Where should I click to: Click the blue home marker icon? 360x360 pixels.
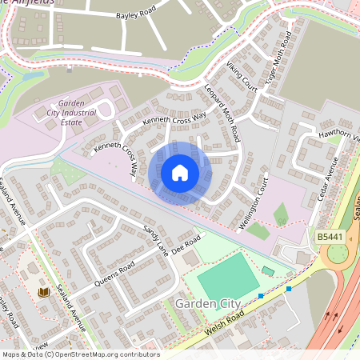pos(180,172)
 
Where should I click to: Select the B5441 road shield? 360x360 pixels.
pos(329,238)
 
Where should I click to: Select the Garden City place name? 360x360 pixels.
pos(202,305)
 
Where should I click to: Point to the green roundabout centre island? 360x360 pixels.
pos(338,254)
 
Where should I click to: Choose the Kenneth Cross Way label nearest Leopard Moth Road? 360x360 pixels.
pos(174,118)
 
